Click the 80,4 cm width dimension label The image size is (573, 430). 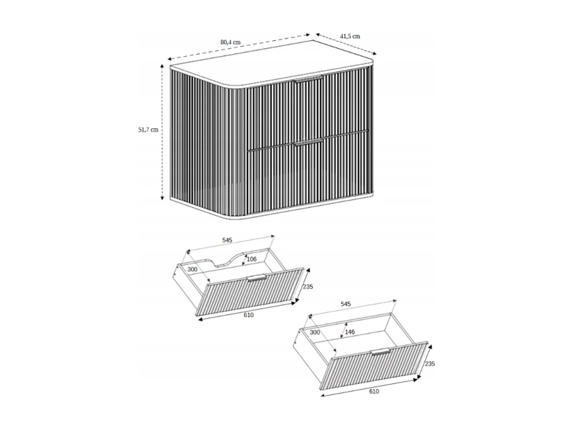(230, 42)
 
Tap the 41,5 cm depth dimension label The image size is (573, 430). (350, 36)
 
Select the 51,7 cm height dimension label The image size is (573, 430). (148, 130)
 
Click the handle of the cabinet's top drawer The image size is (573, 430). (309, 79)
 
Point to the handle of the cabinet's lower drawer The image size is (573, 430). (309, 142)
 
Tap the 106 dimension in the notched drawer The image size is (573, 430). (251, 259)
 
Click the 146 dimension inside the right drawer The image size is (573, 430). (350, 332)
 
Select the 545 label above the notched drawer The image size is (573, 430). (227, 240)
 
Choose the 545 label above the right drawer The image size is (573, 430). (345, 304)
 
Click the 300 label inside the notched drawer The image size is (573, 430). (193, 269)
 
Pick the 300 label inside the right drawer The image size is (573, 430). (315, 332)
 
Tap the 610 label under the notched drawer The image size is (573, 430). (248, 315)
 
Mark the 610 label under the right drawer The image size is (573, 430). (374, 391)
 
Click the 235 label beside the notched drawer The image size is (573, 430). (308, 287)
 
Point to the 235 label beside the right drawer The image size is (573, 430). (430, 364)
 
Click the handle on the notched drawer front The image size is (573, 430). (256, 278)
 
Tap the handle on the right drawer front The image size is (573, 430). (380, 352)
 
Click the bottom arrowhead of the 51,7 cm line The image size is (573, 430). (162, 198)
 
